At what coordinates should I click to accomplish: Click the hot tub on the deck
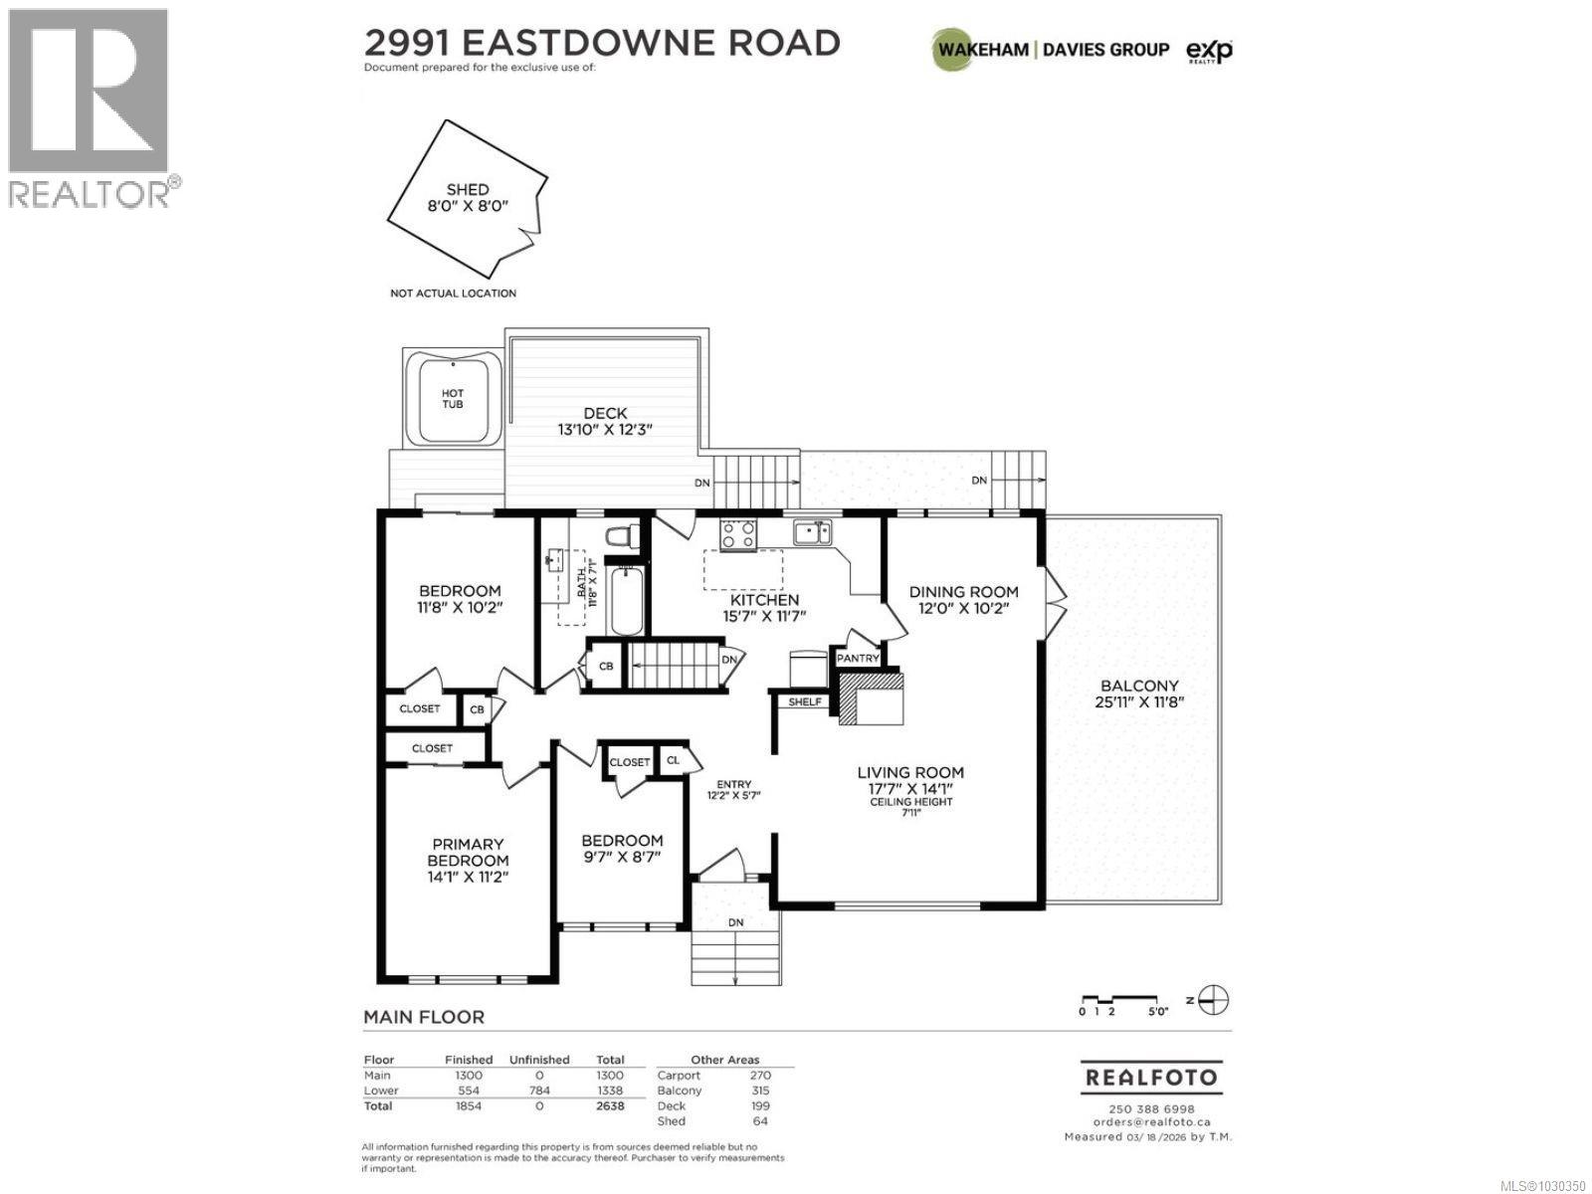click(x=453, y=399)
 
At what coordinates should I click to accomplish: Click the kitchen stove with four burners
click(x=738, y=534)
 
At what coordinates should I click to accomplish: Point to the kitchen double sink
click(x=815, y=533)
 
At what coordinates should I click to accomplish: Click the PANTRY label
click(x=858, y=659)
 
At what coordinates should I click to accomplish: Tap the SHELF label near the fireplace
click(x=805, y=701)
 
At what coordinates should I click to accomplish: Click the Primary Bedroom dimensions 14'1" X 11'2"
click(x=468, y=878)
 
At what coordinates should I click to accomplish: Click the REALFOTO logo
click(x=1150, y=1078)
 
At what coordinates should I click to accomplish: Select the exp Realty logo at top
click(x=1209, y=50)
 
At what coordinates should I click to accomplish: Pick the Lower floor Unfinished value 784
click(x=538, y=1091)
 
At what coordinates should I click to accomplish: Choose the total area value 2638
click(x=609, y=1106)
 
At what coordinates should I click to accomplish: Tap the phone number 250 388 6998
click(x=1150, y=1109)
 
